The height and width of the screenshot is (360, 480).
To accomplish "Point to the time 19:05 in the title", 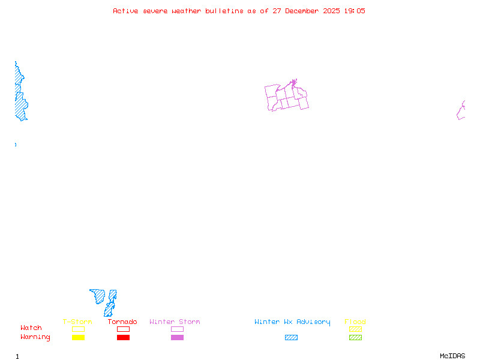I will tap(354, 11).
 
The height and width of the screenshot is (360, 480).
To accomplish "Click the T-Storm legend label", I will tap(77, 322).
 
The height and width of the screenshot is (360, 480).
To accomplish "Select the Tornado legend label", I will tap(122, 322).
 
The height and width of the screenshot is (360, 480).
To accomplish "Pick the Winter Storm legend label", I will tap(175, 322).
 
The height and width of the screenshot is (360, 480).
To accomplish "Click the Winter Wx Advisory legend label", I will tap(292, 322).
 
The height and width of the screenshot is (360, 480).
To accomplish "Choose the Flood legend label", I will tap(355, 322).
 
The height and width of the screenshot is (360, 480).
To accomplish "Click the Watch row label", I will tap(31, 328).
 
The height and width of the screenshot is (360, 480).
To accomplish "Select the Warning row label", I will tap(35, 337).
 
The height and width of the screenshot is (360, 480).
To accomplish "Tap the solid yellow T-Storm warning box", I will tap(78, 337).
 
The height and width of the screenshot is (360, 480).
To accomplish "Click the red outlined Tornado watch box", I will tap(123, 329).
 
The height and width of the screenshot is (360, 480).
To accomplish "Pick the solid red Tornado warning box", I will tap(123, 337).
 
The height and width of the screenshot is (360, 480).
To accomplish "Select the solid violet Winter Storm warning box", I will tap(177, 337).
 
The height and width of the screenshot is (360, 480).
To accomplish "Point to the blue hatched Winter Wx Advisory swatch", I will tap(291, 337).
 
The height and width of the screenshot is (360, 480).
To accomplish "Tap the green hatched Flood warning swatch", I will tap(355, 337).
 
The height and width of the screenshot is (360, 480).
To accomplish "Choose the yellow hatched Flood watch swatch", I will tap(355, 329).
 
